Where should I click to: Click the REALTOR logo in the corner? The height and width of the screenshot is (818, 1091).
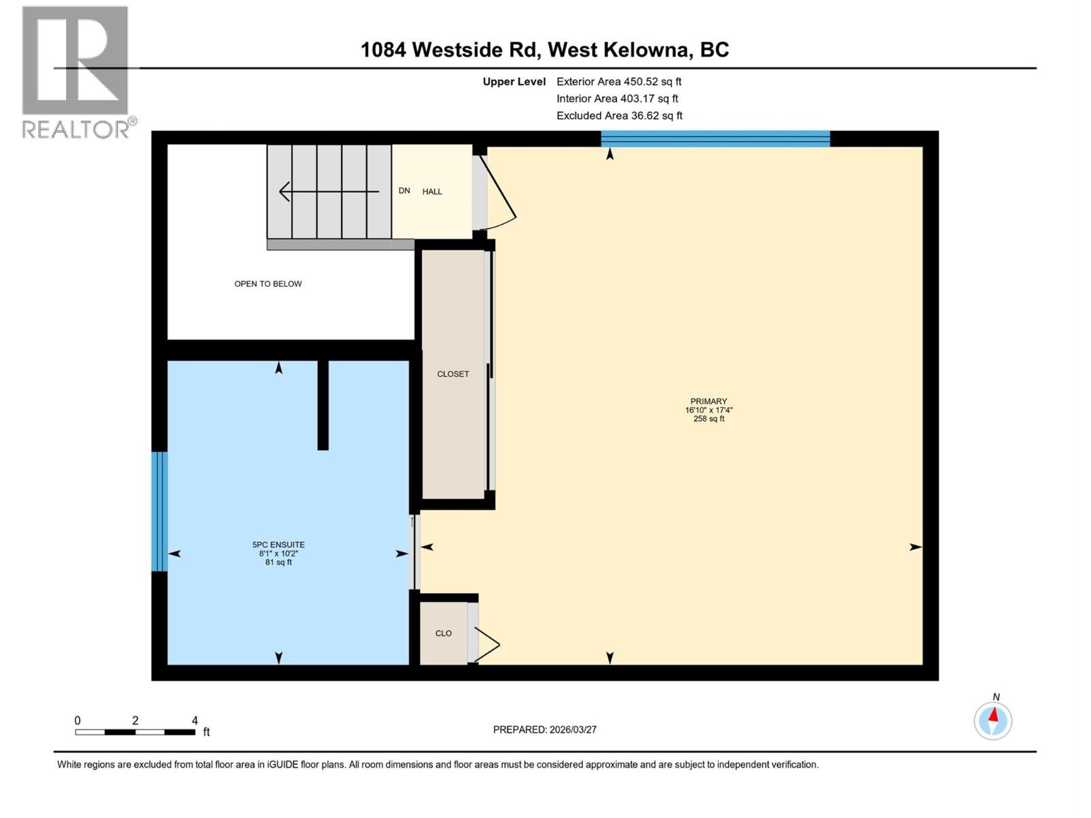75,72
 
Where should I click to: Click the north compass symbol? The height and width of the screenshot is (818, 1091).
993,721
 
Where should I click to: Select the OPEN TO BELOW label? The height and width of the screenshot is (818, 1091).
268,284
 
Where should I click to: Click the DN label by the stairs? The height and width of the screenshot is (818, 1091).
404,191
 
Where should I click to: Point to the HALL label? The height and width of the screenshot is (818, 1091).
432,192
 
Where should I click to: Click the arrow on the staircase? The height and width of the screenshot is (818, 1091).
327,192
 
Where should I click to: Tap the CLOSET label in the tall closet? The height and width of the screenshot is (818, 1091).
453,374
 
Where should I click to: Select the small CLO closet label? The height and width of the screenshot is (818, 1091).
443,633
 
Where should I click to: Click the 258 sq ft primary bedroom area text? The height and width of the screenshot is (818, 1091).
708,419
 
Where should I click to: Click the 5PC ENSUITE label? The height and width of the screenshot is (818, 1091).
278,545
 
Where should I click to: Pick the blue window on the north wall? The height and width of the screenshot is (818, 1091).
715,139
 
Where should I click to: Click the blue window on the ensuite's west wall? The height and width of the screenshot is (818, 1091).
159,511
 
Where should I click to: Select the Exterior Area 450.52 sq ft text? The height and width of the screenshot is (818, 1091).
618,82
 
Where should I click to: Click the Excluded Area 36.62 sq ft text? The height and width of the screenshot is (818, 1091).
619,116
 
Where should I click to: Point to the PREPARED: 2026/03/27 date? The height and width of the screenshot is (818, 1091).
545,729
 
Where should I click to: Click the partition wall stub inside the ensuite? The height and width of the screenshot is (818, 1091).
323,405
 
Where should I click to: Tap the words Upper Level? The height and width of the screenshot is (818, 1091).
514,82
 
